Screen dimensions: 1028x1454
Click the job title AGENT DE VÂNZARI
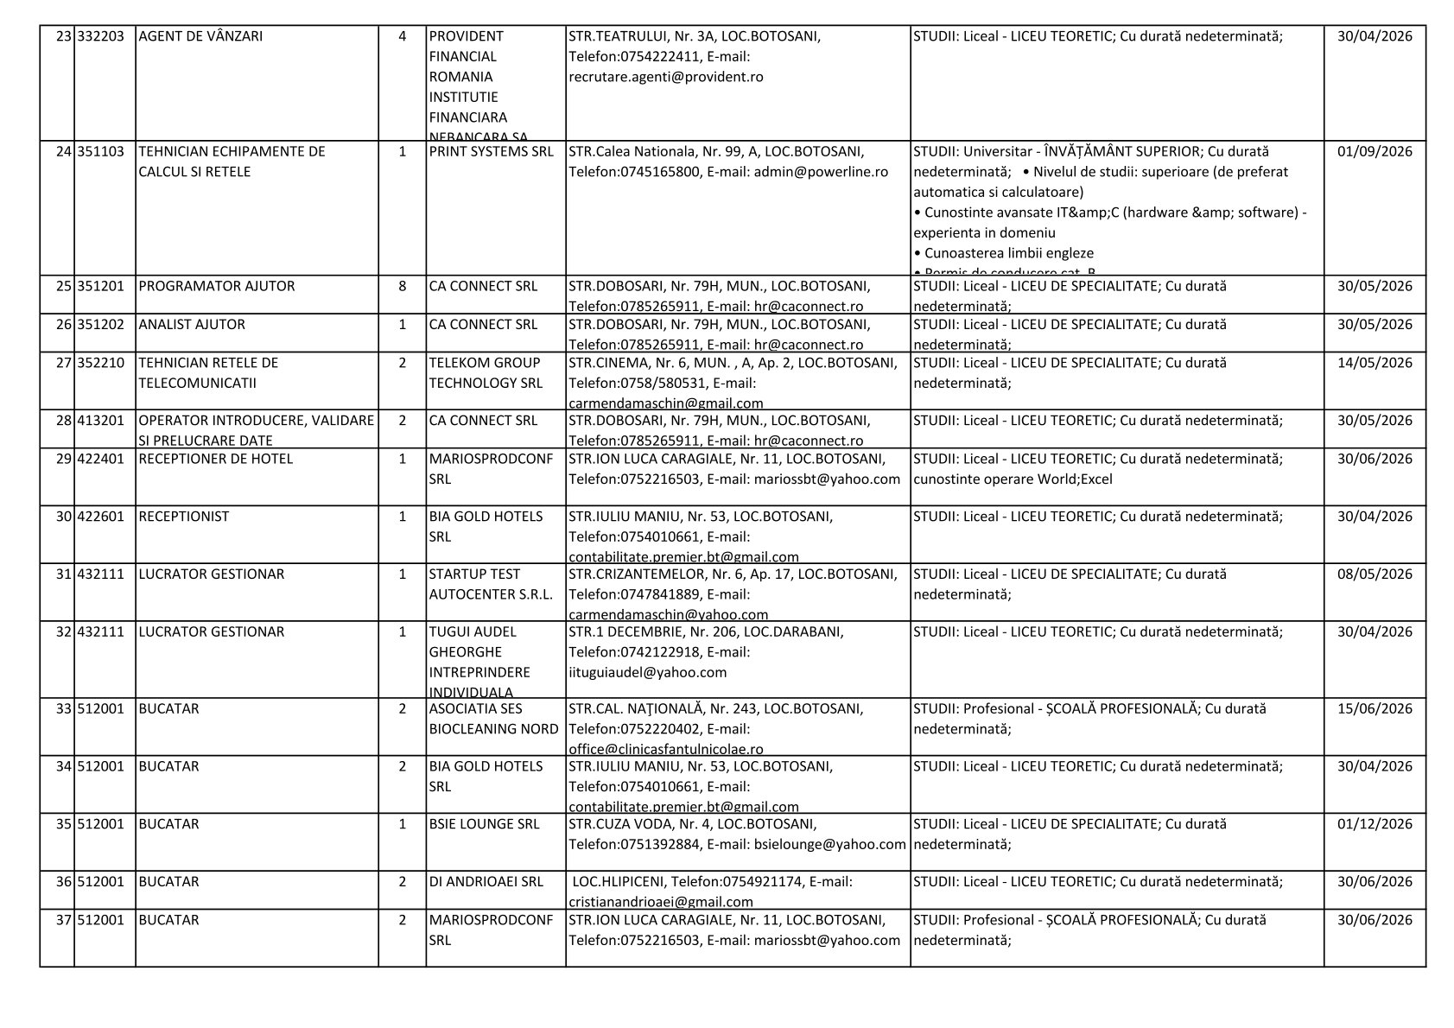[200, 36]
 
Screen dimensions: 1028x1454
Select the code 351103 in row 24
[101, 151]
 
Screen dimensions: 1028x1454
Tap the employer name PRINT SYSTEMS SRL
[492, 151]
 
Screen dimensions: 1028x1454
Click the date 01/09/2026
[1375, 151]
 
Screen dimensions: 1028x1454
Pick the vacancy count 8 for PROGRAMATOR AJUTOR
[403, 286]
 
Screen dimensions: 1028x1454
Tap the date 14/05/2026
[1375, 363]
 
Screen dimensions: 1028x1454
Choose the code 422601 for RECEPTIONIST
[101, 517]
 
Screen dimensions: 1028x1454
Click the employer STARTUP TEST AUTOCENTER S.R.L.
[491, 584]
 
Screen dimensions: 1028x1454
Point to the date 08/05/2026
[1375, 574]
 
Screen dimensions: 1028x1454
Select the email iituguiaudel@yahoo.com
[648, 672]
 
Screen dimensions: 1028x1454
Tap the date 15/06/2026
[1375, 709]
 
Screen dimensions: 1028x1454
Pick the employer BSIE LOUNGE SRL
[484, 824]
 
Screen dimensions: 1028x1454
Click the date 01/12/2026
[1375, 824]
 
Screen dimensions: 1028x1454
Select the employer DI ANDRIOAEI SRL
[486, 882]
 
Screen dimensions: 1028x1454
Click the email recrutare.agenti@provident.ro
[666, 77]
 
